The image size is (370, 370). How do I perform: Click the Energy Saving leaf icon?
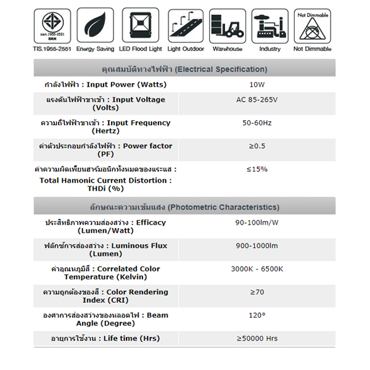click(x=94, y=25)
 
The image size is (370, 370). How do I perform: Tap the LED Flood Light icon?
click(x=140, y=25)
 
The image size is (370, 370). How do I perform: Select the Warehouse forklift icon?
click(x=228, y=25)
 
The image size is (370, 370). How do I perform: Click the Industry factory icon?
click(x=270, y=25)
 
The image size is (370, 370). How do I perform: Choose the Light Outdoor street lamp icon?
click(x=184, y=25)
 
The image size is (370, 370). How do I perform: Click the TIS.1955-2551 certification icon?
click(x=51, y=25)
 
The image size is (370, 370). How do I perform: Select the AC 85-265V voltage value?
click(x=257, y=100)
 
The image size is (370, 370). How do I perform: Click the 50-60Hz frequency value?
click(x=257, y=123)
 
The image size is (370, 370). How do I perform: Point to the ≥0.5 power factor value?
click(x=257, y=146)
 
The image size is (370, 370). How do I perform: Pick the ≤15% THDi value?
click(x=257, y=168)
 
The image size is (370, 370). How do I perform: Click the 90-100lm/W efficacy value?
click(x=257, y=222)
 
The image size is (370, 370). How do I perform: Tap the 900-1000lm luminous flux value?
click(x=257, y=245)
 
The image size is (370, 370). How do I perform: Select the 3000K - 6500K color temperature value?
click(x=257, y=268)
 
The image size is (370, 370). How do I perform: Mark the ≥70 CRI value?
click(x=257, y=292)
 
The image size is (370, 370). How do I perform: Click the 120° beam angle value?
click(x=257, y=314)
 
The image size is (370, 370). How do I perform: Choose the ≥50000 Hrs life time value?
click(x=257, y=338)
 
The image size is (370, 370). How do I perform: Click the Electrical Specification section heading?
click(x=184, y=68)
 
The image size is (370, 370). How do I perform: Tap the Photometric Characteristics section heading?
click(x=184, y=207)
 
